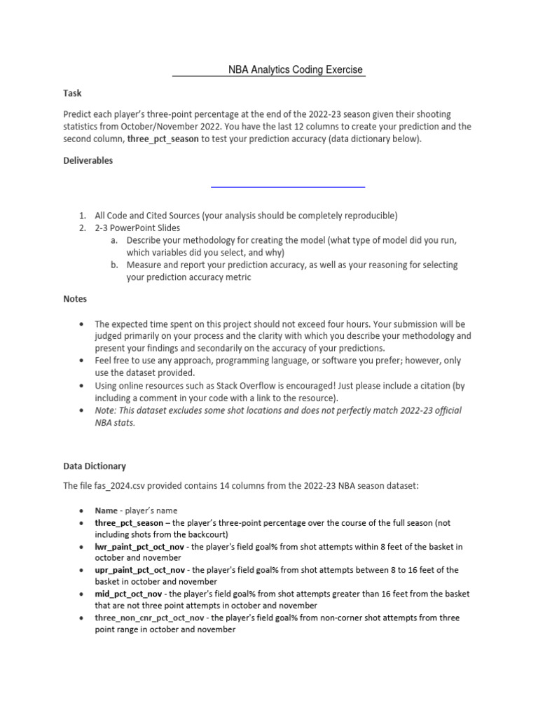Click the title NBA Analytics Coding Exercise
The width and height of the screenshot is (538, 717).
coord(296,70)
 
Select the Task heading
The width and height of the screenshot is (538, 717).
coord(72,92)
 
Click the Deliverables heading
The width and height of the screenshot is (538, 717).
coord(88,160)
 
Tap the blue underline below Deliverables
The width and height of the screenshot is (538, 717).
coord(288,187)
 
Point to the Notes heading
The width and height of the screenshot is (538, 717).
coord(75,299)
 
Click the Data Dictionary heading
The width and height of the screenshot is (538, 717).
coord(95,466)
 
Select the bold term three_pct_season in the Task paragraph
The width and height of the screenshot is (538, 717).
coord(163,139)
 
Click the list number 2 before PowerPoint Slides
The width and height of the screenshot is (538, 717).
coord(82,228)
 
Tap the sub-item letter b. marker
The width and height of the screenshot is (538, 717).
coord(114,265)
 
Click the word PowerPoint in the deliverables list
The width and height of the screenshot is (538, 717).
coord(133,228)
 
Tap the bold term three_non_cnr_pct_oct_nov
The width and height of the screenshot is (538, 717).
coord(150,618)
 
